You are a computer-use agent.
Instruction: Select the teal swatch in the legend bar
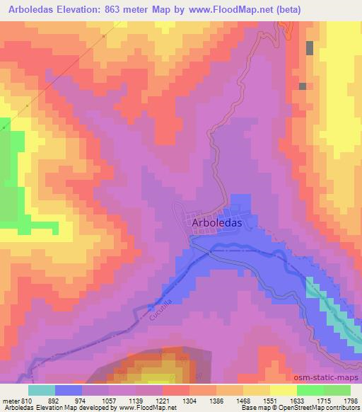coord(42,389)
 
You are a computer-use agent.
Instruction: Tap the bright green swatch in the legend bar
coord(310,389)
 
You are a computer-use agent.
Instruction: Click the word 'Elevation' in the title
coord(74,10)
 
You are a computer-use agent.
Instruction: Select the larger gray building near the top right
coord(310,47)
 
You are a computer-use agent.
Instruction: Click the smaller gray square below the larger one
coord(303,86)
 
